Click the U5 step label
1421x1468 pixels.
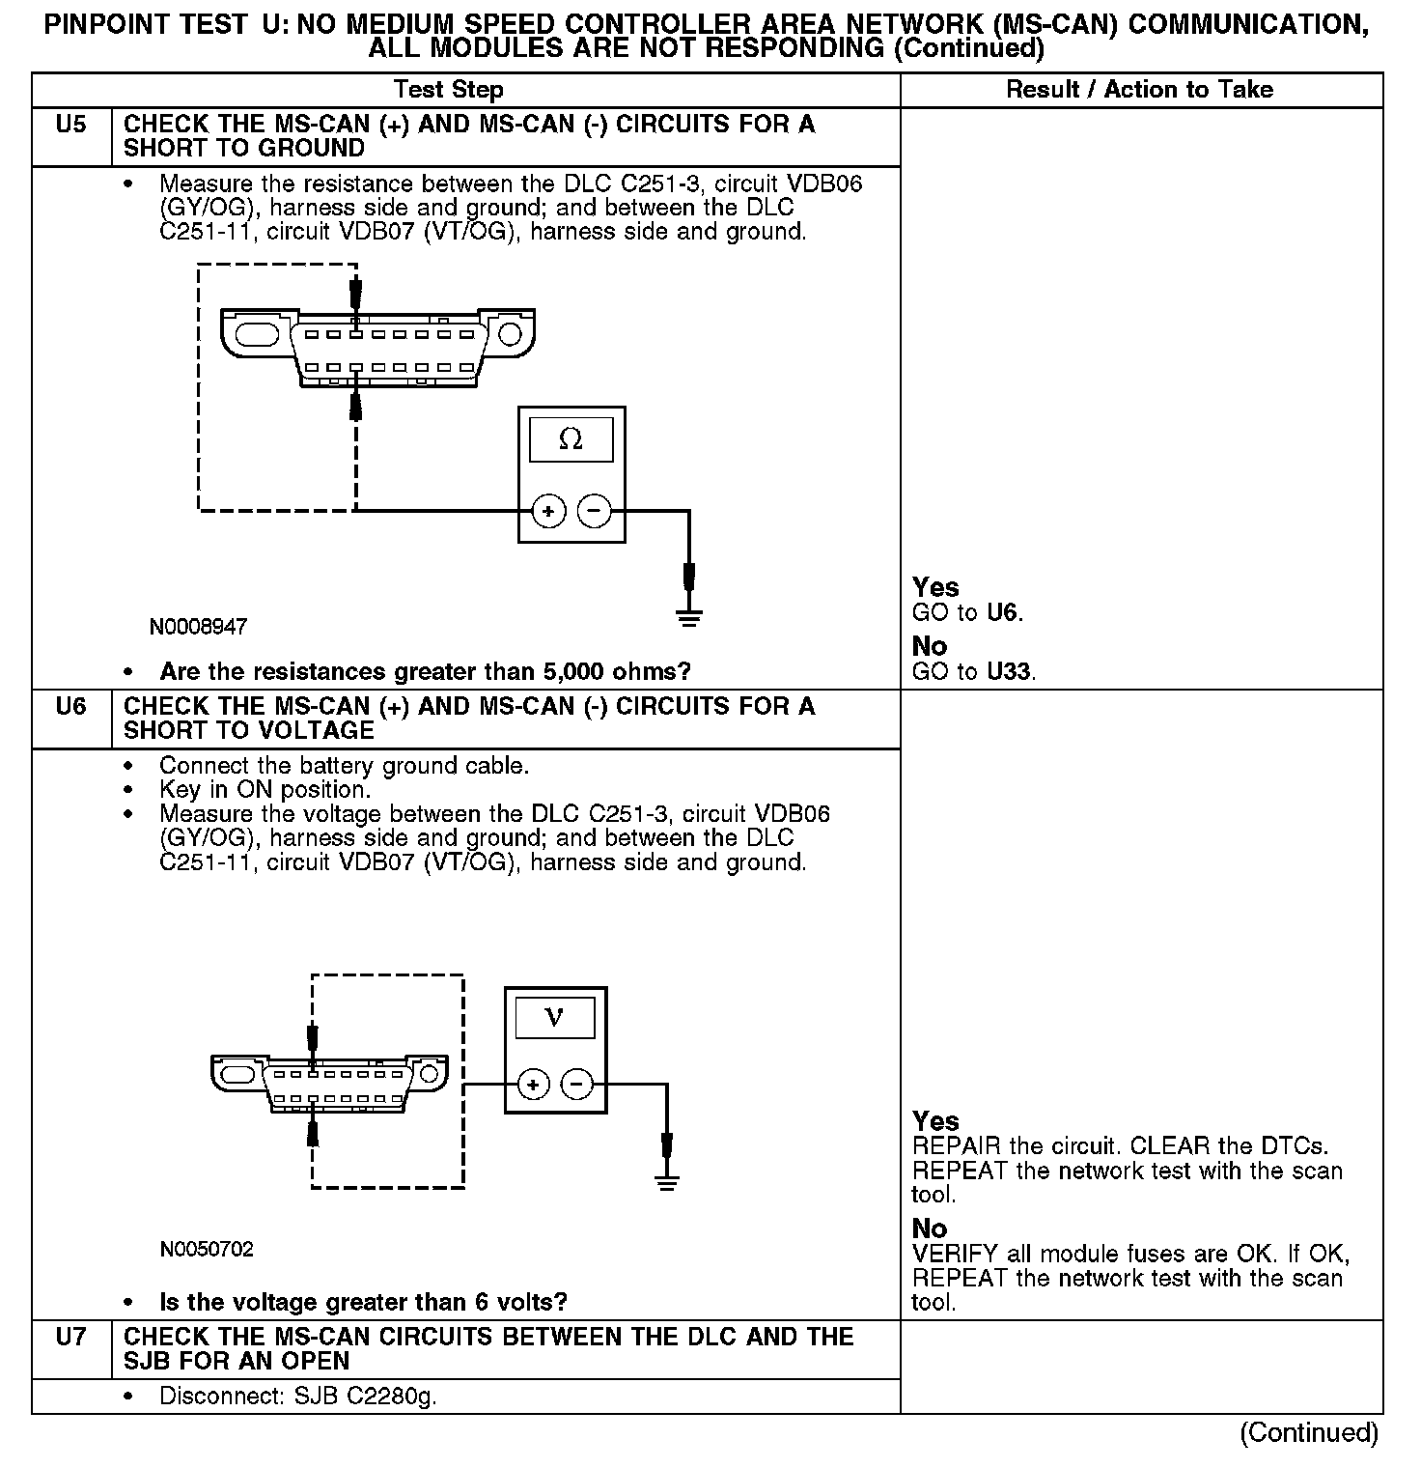point(70,125)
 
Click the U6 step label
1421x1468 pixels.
point(70,707)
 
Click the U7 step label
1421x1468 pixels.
point(70,1338)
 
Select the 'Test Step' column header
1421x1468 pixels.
point(448,90)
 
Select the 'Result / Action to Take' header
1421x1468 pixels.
point(1139,90)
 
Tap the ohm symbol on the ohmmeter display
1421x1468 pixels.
point(571,439)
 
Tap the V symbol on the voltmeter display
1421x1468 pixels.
point(554,1017)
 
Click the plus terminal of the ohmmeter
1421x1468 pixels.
point(548,510)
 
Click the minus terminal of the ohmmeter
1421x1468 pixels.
point(595,510)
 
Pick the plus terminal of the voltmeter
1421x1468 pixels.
point(533,1085)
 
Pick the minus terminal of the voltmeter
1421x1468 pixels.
point(577,1085)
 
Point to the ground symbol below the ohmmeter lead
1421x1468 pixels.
point(688,618)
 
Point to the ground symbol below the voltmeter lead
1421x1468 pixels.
point(666,1182)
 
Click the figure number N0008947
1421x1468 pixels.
point(198,627)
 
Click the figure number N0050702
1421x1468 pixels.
point(207,1250)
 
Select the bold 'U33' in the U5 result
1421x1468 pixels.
point(1010,671)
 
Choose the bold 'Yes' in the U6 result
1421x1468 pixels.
point(935,1121)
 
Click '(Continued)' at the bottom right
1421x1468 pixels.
point(1308,1432)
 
